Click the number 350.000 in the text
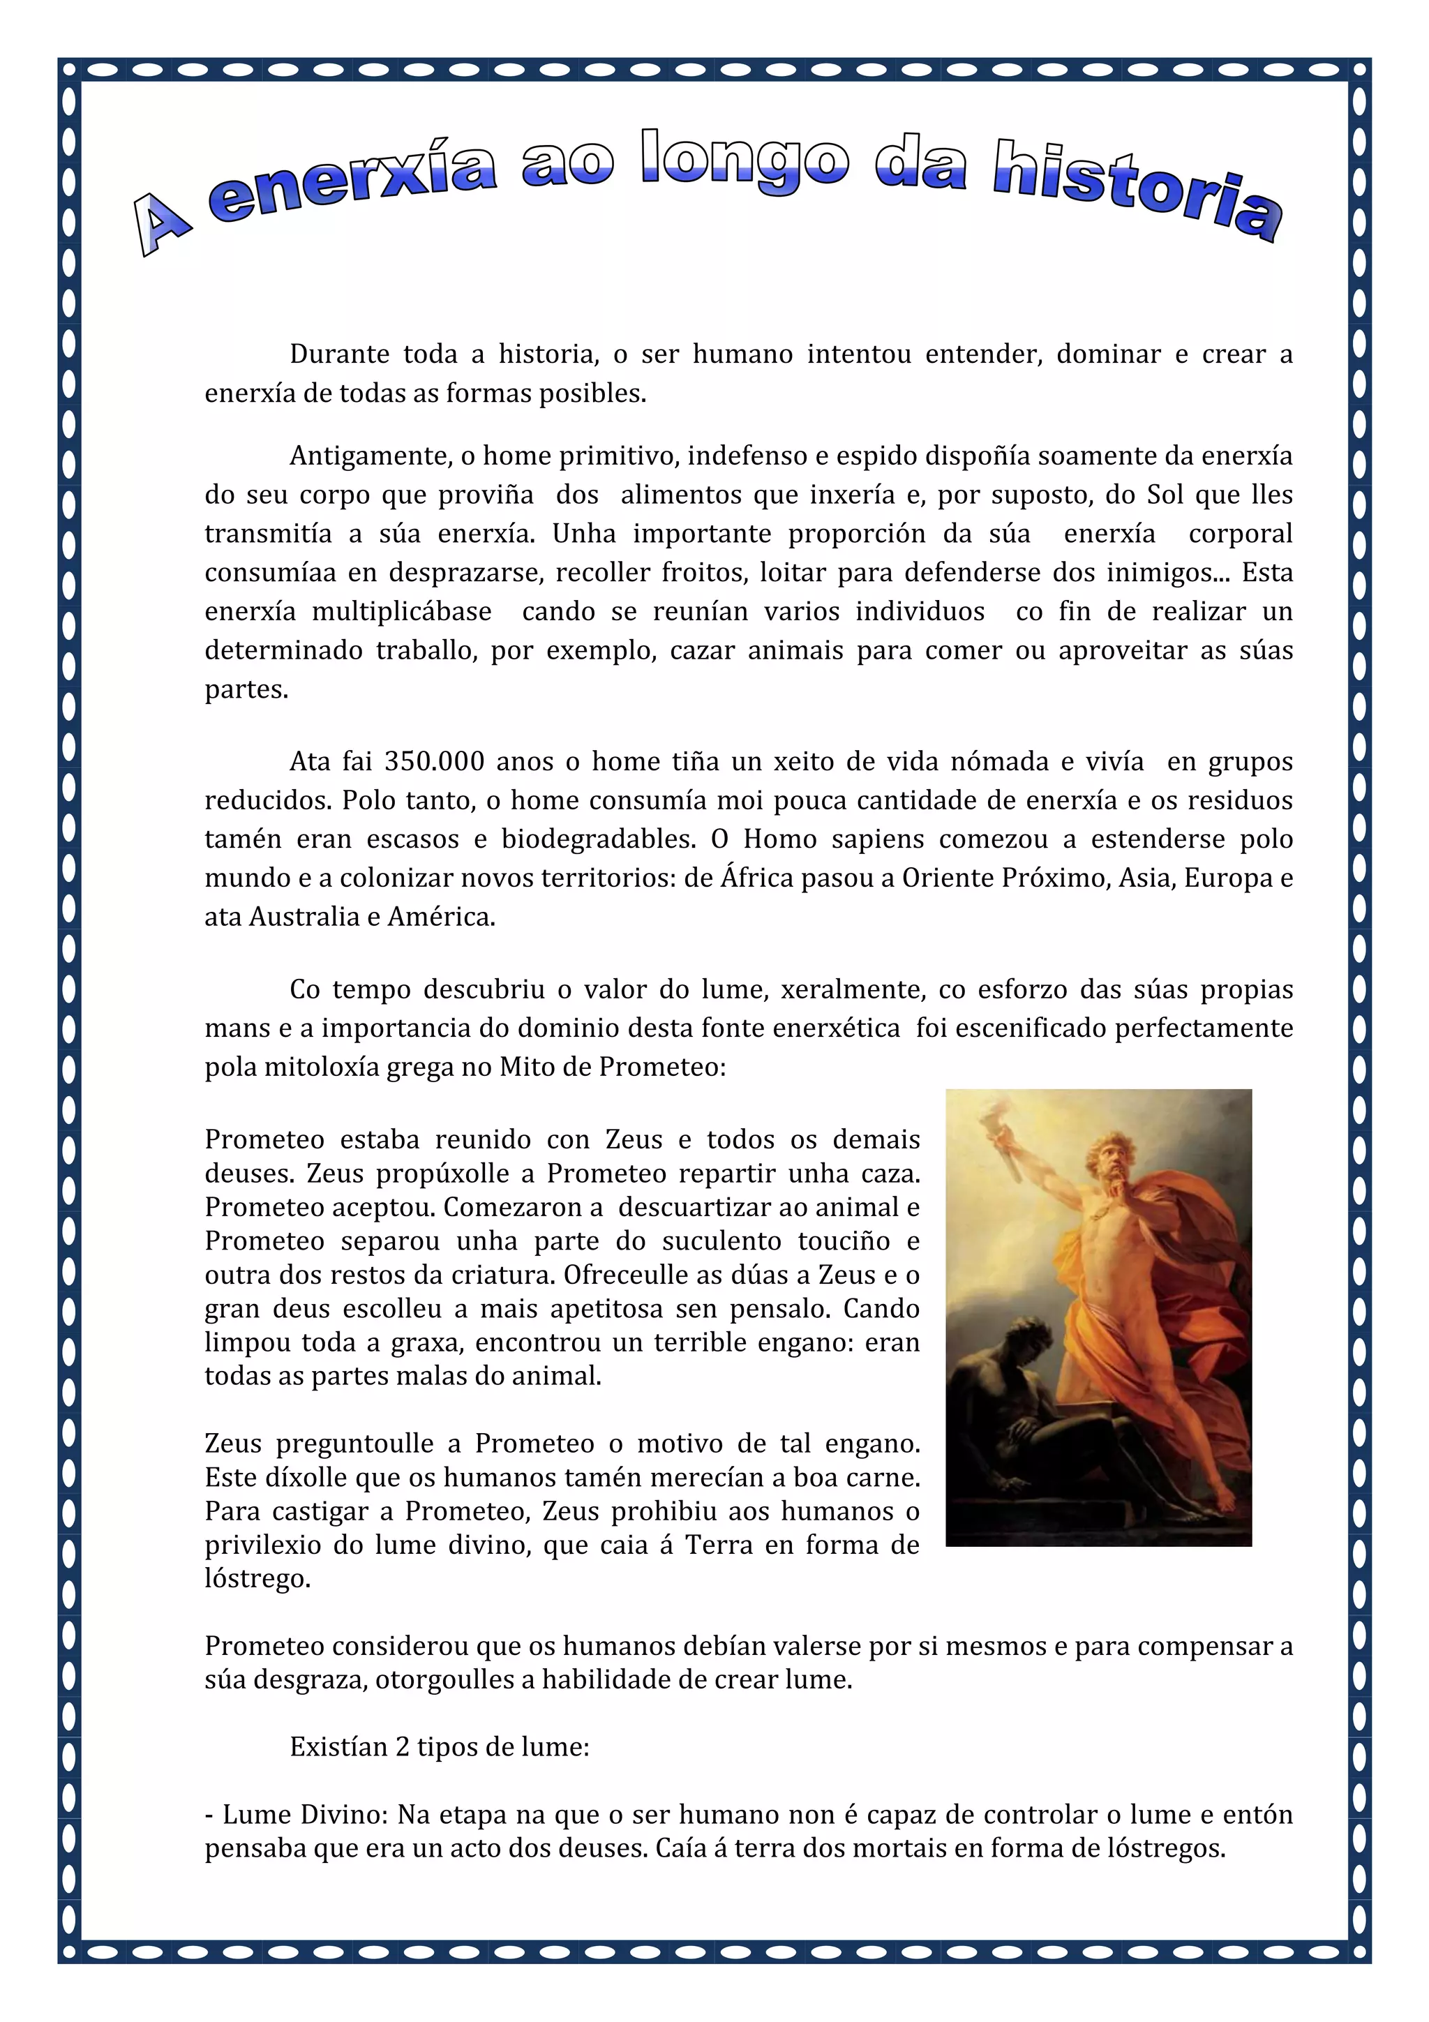434,762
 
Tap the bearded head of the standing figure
1113,1162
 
